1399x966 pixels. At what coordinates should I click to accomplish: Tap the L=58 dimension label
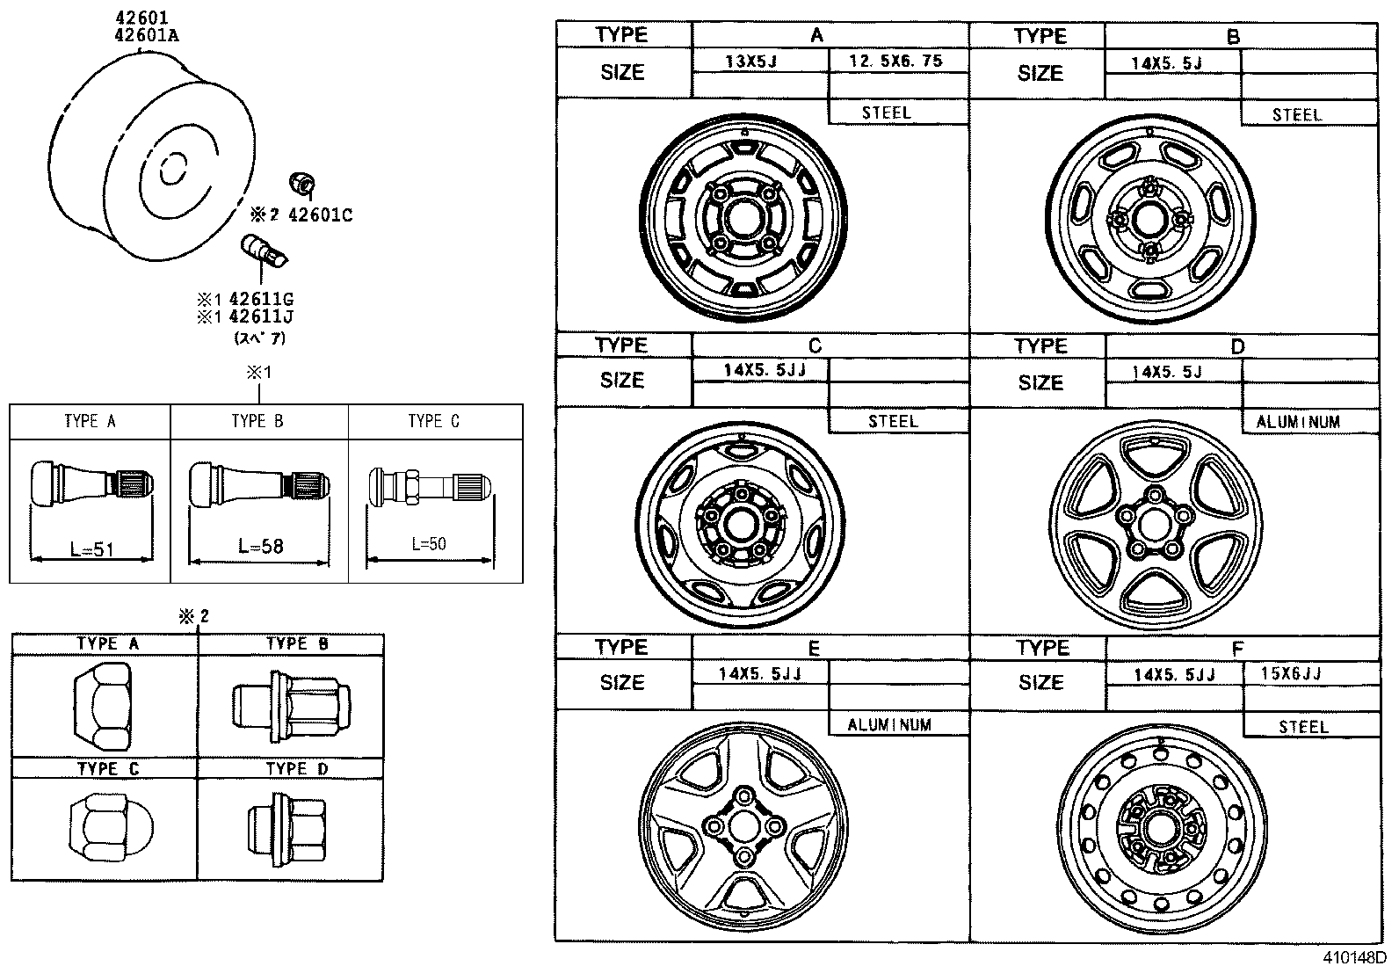[x=261, y=546]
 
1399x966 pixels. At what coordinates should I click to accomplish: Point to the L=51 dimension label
[x=92, y=549]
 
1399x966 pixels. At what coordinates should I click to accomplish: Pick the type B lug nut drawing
[x=291, y=704]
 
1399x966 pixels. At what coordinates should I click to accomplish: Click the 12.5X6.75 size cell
[x=896, y=61]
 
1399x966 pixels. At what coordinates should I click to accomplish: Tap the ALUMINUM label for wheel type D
[x=1298, y=422]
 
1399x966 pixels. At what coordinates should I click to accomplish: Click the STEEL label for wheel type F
[x=1303, y=727]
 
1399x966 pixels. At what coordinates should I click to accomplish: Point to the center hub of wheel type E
[x=743, y=826]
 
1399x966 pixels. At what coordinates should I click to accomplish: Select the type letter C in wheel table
[x=815, y=345]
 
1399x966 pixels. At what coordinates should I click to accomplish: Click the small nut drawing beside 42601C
[x=301, y=184]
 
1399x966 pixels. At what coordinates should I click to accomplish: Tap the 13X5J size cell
[x=751, y=62]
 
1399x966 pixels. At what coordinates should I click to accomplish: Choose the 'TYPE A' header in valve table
[x=90, y=421]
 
